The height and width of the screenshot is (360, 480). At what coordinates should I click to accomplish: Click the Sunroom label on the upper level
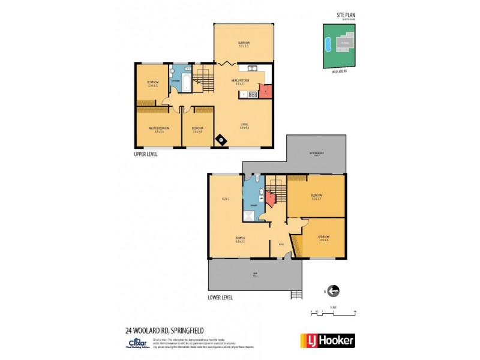click(x=244, y=44)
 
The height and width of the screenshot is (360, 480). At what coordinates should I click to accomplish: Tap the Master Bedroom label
click(x=159, y=129)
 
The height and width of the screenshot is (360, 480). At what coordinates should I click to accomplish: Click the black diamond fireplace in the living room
click(x=222, y=140)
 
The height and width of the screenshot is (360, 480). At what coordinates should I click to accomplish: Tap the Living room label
click(x=244, y=127)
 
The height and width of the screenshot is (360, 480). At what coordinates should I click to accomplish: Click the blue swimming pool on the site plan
click(x=328, y=45)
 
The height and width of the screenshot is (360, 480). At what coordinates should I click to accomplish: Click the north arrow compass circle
click(x=333, y=291)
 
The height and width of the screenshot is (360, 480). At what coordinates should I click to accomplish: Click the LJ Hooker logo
click(x=327, y=340)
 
